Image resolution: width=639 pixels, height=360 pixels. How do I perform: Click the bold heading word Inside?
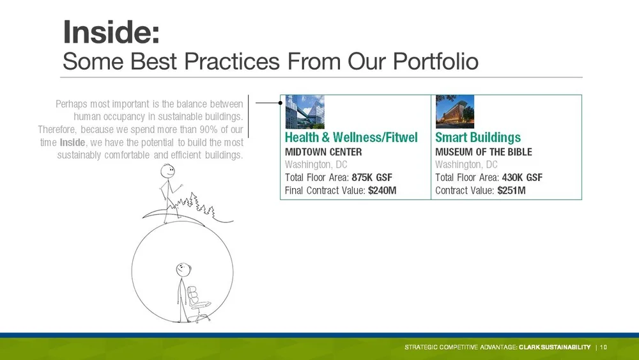(x=111, y=32)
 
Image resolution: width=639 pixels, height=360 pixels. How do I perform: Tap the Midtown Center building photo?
(x=305, y=112)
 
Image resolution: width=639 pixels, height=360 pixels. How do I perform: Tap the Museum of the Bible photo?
(x=455, y=112)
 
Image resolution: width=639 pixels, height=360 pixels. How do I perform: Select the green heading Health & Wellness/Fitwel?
(x=351, y=137)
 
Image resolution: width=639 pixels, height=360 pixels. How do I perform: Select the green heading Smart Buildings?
(x=478, y=137)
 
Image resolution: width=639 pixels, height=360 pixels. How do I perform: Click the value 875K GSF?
(x=372, y=177)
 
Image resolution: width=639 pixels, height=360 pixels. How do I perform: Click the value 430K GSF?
(x=522, y=177)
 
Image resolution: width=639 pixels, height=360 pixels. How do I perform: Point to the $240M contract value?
(x=382, y=191)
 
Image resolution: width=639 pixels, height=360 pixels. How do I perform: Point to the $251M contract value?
(x=511, y=191)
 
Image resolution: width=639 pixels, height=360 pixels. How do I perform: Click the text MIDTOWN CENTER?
(x=323, y=152)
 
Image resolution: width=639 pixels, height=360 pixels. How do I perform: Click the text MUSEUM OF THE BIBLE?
(x=484, y=152)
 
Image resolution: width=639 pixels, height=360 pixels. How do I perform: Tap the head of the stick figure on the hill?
(x=167, y=171)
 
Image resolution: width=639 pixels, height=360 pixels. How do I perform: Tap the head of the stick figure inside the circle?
(x=183, y=269)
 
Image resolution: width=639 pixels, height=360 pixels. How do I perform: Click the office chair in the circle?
(x=198, y=304)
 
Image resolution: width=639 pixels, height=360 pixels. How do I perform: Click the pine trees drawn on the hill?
(x=195, y=204)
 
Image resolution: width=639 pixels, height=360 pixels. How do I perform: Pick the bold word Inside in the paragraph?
(x=73, y=143)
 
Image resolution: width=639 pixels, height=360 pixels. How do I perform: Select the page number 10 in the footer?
(x=604, y=347)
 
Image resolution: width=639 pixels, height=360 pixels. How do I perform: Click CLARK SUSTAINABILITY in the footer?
(x=555, y=347)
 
